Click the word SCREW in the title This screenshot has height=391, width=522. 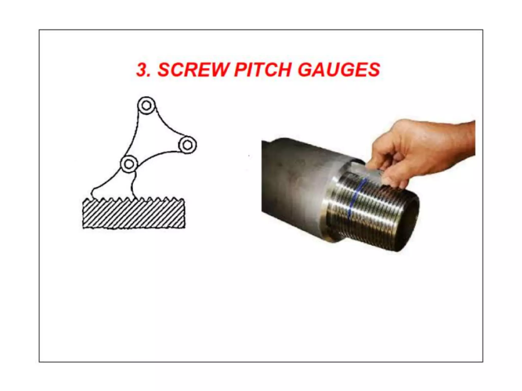point(193,70)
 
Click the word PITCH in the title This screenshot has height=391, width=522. point(263,70)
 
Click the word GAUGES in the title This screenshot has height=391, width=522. point(339,70)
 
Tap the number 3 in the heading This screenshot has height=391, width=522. point(142,70)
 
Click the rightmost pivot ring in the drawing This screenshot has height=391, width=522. point(188,145)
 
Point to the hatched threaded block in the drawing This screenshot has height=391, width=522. point(134,215)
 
